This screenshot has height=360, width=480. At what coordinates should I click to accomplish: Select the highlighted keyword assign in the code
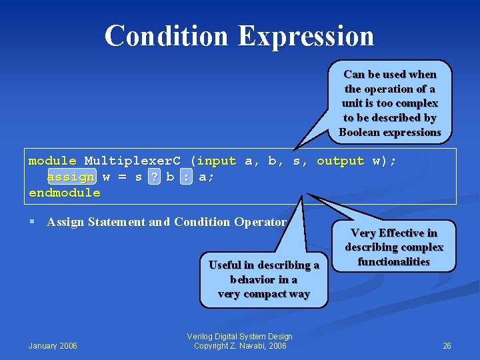pos(71,177)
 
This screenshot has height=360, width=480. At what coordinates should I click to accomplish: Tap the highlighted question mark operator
pos(154,177)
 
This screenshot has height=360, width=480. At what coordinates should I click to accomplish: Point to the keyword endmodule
pos(65,193)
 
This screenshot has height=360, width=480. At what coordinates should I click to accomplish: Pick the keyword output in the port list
pos(340,161)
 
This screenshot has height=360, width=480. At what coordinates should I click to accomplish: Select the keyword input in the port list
pos(217,161)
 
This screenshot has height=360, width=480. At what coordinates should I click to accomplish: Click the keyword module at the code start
pos(53,161)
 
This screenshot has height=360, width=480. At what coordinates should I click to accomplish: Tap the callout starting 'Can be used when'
pos(390,103)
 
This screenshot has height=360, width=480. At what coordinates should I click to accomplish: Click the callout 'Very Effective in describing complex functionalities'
pos(394,247)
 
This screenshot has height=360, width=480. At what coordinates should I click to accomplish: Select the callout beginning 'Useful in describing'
pos(264,279)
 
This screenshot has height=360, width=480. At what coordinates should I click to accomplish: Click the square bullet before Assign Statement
pos(33,222)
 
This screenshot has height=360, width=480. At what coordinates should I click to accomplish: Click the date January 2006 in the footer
pos(53,345)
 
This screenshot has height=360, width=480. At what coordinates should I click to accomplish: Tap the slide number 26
pos(447,345)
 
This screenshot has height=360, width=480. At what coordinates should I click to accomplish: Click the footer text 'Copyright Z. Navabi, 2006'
pos(240,345)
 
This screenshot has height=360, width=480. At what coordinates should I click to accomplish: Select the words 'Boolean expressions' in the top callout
pos(390,132)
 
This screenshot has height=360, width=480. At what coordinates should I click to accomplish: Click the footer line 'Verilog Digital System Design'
pos(240,336)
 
